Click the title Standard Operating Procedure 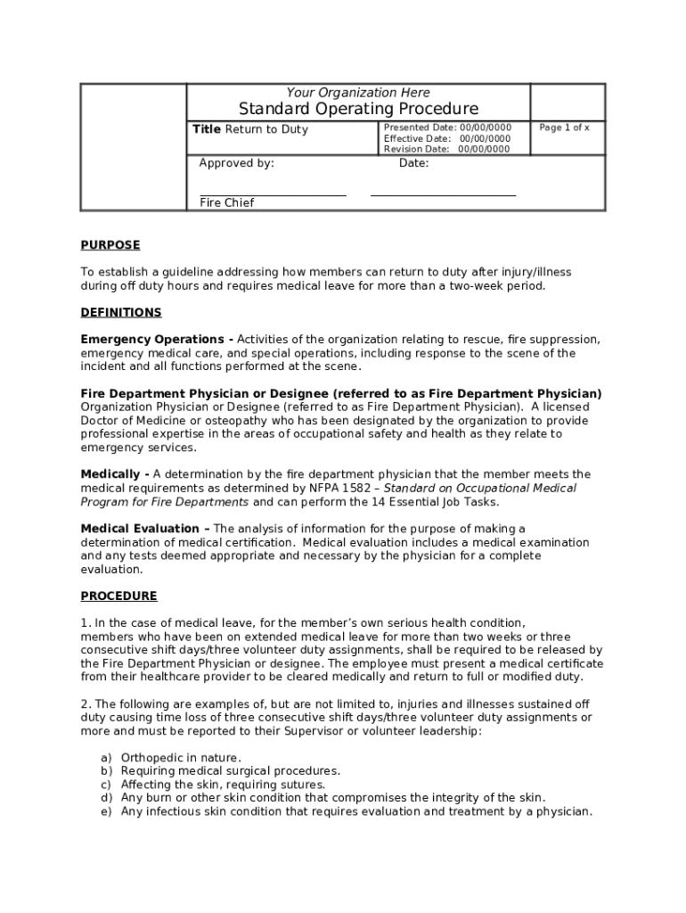click(358, 109)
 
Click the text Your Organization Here click(358, 93)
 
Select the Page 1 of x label click(565, 128)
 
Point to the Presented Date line click(447, 128)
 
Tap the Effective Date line click(447, 139)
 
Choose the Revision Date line click(447, 150)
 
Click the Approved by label click(236, 164)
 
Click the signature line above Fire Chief click(273, 194)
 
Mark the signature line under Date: click(443, 194)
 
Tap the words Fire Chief click(226, 203)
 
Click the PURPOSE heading click(110, 245)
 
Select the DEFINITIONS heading click(121, 312)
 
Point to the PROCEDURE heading click(118, 596)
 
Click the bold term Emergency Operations click(152, 340)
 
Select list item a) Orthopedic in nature click(168, 758)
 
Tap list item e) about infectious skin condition click(347, 811)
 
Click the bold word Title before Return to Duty click(207, 129)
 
